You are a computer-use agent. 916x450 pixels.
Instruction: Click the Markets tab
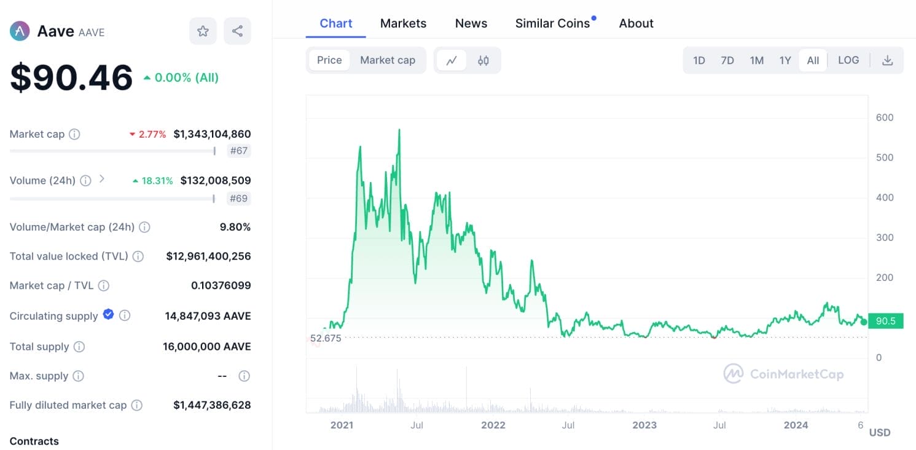tap(403, 23)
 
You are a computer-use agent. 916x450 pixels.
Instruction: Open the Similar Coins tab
tap(552, 23)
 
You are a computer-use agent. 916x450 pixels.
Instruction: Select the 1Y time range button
tap(785, 60)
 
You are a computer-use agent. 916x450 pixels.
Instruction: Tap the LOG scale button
tap(848, 60)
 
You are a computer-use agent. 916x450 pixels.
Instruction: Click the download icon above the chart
tap(887, 60)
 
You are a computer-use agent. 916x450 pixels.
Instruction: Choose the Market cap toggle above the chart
tap(388, 60)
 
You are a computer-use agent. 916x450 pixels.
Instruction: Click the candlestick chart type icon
tap(483, 60)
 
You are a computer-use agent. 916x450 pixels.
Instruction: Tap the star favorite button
tap(203, 31)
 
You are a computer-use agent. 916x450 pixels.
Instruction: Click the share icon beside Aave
tap(238, 31)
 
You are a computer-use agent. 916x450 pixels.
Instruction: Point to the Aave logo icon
tap(20, 31)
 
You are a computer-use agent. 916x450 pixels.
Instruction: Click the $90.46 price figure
tap(71, 78)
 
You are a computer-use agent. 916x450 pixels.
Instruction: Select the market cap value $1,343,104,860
tap(212, 134)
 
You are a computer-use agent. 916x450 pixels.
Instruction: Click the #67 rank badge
tap(238, 151)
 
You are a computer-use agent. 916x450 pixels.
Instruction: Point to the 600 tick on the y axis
tap(885, 117)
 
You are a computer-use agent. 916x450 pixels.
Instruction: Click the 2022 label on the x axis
tap(493, 425)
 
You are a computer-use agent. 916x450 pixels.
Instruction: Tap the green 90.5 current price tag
tap(885, 321)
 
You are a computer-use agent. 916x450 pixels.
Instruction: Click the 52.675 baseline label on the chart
tap(326, 338)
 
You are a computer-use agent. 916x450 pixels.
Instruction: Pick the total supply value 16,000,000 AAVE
tap(207, 347)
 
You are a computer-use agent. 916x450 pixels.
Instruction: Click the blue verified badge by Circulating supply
tap(108, 315)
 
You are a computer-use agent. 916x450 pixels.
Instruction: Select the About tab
tap(636, 23)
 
